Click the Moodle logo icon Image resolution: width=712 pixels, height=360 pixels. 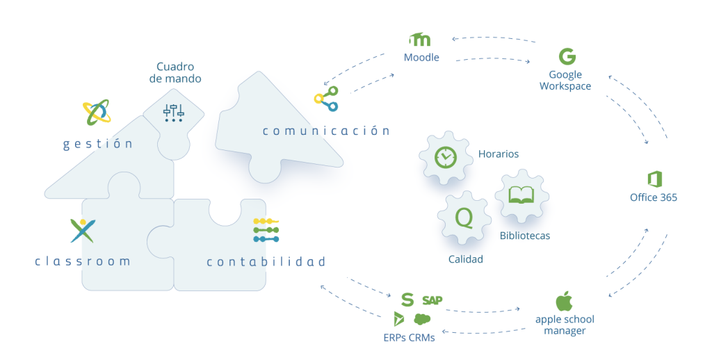(421, 40)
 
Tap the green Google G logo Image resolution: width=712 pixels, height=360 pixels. (567, 56)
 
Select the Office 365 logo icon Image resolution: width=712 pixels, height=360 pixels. (653, 178)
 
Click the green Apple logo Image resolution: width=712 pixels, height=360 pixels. (564, 302)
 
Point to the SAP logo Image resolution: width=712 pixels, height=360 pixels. (432, 300)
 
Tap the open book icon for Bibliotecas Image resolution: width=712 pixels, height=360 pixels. (521, 195)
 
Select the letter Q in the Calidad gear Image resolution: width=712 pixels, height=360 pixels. (463, 218)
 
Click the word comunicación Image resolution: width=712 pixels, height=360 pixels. (325, 131)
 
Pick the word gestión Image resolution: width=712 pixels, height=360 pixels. (97, 144)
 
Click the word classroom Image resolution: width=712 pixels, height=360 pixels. (83, 261)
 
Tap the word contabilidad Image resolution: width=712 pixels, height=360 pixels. (266, 262)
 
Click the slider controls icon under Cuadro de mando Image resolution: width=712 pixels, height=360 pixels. (173, 112)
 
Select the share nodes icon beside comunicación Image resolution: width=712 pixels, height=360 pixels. (325, 99)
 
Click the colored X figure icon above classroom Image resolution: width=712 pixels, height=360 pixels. (83, 230)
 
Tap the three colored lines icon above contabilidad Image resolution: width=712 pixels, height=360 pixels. (266, 229)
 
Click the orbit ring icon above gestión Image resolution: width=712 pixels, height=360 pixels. (96, 112)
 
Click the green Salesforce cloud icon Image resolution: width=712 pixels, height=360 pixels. (422, 319)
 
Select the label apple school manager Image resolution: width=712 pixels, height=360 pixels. (565, 325)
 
